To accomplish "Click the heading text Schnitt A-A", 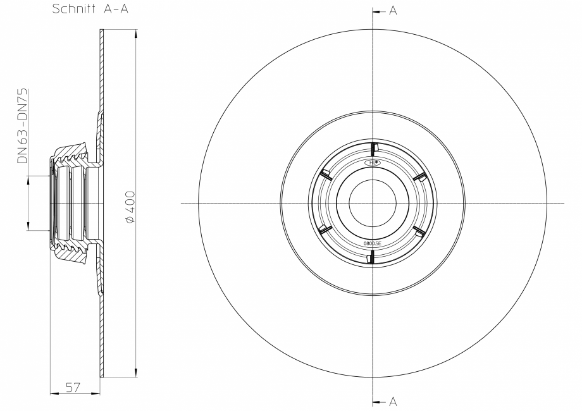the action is click(90, 9).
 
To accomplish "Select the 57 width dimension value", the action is click(73, 388).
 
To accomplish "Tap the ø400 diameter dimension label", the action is click(130, 207).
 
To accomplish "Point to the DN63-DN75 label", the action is click(22, 126).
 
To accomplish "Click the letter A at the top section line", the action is click(393, 11).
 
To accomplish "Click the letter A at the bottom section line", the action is click(393, 402).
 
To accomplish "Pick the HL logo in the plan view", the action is click(373, 163).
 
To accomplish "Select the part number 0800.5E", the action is click(372, 243).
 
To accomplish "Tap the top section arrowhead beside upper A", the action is click(376, 12).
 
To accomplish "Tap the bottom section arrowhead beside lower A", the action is click(376, 402).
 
